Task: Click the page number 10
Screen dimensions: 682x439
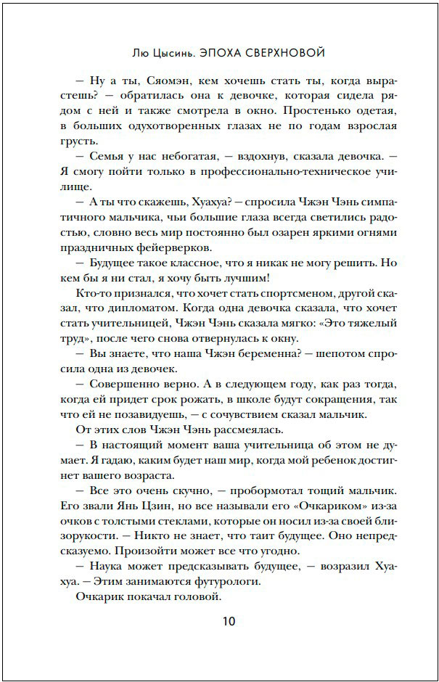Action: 229,621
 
